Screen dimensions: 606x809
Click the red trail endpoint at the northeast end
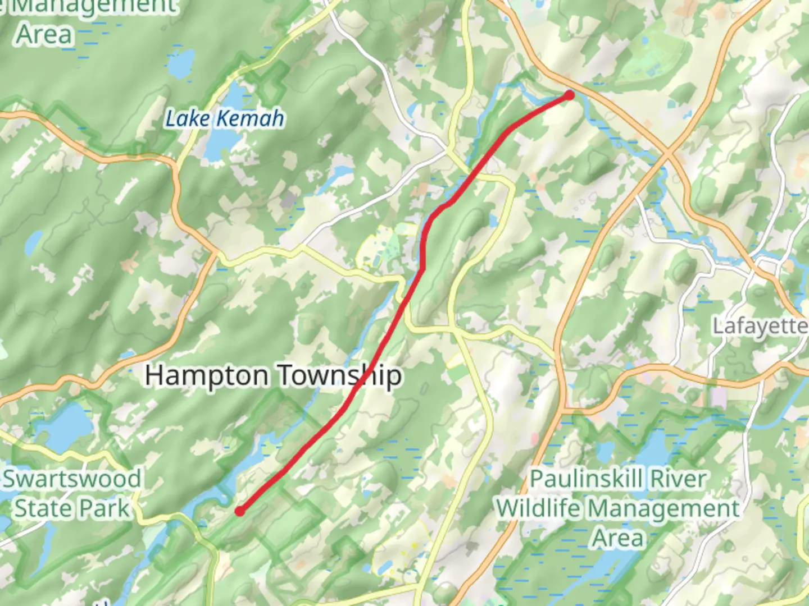tap(569, 95)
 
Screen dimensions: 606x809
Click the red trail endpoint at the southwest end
tap(240, 511)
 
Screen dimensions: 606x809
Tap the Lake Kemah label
tap(225, 119)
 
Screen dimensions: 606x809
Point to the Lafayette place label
tap(760, 326)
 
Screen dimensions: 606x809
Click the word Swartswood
tap(72, 479)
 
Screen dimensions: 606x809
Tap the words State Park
tap(72, 508)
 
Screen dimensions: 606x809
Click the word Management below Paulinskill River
tap(665, 508)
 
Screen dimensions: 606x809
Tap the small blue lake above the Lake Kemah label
tap(181, 63)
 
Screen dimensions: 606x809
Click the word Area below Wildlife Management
tap(618, 538)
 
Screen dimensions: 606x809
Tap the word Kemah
tap(251, 119)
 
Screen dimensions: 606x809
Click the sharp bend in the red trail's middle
tap(422, 268)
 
